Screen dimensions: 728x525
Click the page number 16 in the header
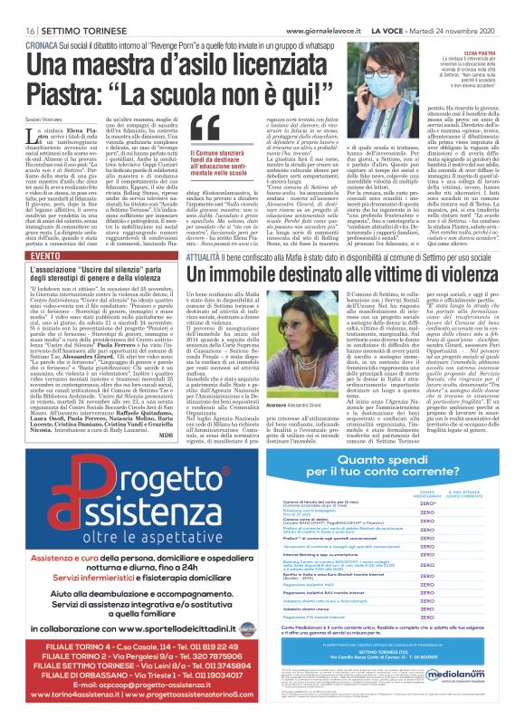[17, 9]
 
